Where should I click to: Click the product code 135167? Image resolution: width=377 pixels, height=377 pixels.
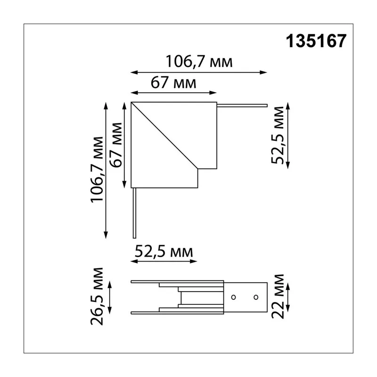tap(316, 41)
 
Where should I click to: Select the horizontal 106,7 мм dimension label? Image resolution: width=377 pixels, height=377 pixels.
tap(199, 62)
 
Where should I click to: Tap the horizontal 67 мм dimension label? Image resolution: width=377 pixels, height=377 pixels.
tap(173, 82)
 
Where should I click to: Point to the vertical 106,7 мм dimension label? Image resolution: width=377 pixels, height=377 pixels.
tap(97, 170)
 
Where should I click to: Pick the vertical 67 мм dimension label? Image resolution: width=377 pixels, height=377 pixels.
tap(115, 145)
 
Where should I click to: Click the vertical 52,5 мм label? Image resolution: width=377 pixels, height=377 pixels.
tap(278, 135)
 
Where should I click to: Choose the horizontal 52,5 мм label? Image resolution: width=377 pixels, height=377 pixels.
tap(164, 252)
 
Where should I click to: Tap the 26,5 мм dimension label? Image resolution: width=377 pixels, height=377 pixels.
tap(97, 296)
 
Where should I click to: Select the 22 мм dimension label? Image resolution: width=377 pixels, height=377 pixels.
tap(278, 296)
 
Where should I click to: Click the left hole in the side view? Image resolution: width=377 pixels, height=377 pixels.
tap(233, 297)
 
